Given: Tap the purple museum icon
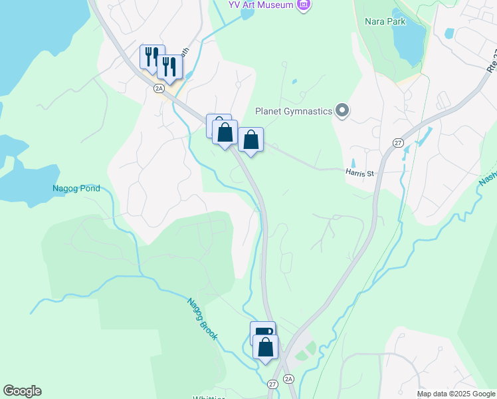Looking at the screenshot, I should coord(304,5).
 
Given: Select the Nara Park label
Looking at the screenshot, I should coord(385,21).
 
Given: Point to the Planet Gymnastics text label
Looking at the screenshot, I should coord(294,111).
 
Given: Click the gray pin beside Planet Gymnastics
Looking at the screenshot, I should coord(342,110).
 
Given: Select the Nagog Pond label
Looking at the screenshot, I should coord(76,188).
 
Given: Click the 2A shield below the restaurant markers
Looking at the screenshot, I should coord(159,88).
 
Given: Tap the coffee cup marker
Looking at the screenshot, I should coord(262,332).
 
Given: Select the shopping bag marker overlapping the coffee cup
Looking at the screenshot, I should coord(266,347).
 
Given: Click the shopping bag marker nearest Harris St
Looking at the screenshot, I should coord(250,140).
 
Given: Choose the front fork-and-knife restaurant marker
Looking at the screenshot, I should coord(169,66).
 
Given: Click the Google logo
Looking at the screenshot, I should coord(22,391).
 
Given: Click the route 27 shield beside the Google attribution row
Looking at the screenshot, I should coord(273,384).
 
